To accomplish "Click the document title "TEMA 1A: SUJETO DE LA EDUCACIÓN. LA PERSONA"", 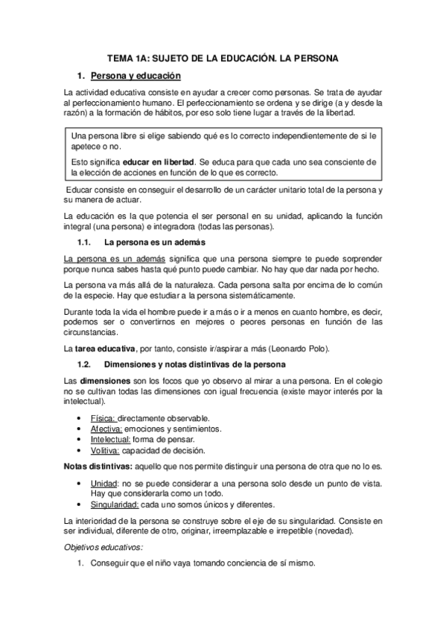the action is (x=223, y=57).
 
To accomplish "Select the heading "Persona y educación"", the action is (x=135, y=76).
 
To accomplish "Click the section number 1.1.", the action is (x=84, y=243).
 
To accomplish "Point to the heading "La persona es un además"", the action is (x=155, y=243).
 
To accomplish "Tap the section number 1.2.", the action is (x=84, y=364).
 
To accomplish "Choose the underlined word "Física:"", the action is (x=103, y=418).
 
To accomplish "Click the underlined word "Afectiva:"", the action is (x=107, y=429).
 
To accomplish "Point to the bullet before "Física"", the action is (x=80, y=418).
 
